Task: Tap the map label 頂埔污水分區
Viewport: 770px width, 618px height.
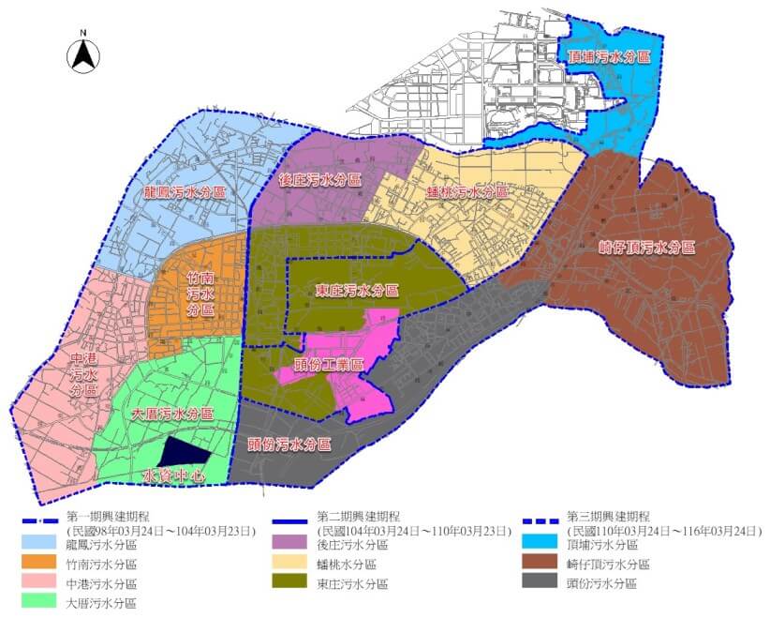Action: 609,56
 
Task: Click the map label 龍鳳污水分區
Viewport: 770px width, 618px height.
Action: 185,192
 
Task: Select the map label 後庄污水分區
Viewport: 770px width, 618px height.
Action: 319,178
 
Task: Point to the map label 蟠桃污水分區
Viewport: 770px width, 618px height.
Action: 466,192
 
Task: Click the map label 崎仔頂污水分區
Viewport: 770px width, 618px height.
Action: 646,249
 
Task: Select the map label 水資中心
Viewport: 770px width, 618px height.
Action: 173,475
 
